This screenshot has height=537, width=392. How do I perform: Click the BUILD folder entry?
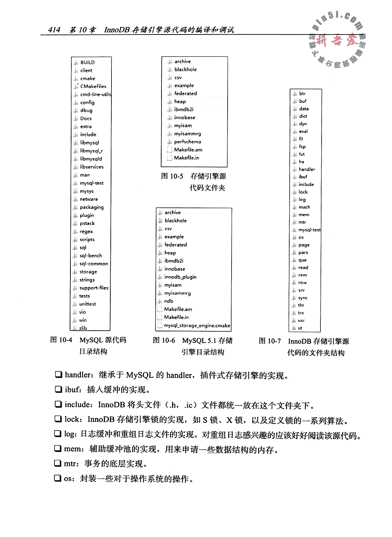(x=87, y=62)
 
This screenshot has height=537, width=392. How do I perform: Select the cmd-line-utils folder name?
(x=95, y=94)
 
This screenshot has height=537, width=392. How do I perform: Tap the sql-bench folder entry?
(x=91, y=256)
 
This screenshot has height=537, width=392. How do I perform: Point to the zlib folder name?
(x=83, y=328)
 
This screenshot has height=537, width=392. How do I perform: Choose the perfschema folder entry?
(x=187, y=142)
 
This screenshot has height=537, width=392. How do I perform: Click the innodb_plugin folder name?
(x=180, y=277)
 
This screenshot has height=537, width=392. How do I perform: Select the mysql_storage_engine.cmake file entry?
(x=197, y=326)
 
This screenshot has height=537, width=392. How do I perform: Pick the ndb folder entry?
(x=168, y=301)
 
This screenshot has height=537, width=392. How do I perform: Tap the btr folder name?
(x=302, y=93)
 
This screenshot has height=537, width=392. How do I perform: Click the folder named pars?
(x=303, y=253)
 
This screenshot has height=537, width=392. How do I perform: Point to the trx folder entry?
(x=301, y=313)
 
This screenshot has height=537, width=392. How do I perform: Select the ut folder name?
(x=300, y=328)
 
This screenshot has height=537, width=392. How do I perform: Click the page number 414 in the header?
(x=54, y=30)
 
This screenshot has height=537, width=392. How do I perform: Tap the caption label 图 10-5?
(x=172, y=176)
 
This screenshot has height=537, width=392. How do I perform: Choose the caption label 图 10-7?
(x=270, y=341)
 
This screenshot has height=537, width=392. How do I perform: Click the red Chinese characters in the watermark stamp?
(x=336, y=41)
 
